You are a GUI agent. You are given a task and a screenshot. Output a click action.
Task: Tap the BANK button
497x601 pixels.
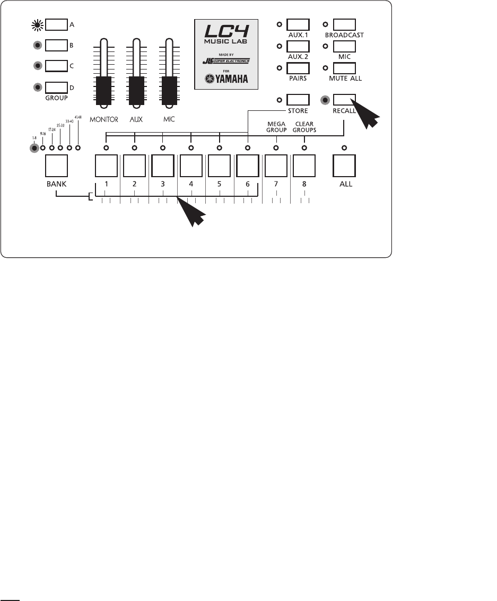point(56,166)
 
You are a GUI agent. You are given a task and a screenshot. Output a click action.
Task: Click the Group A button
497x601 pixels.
point(57,24)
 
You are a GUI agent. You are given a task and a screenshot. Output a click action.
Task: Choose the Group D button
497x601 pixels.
point(57,87)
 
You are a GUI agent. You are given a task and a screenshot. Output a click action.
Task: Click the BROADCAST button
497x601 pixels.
point(345,24)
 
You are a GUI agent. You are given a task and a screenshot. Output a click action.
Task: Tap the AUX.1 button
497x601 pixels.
point(298,24)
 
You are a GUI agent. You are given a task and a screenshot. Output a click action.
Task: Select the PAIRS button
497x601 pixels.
point(298,68)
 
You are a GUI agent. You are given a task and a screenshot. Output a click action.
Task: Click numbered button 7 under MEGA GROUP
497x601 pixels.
point(276,166)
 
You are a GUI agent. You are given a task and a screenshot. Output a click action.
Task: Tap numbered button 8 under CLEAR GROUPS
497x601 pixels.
point(304,166)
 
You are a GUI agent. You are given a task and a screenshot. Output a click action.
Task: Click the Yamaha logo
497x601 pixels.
point(228,81)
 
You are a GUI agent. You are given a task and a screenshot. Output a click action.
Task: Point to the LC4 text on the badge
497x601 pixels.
point(228,31)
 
